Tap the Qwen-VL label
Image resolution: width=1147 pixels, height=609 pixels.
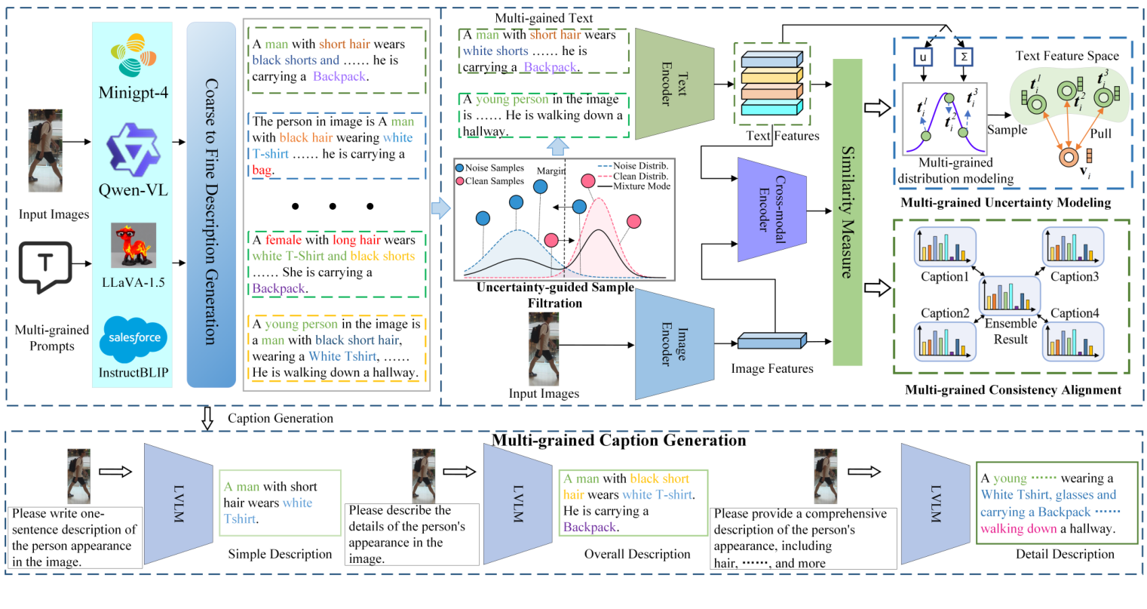click(133, 189)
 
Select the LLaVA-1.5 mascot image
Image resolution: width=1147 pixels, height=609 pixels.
click(133, 245)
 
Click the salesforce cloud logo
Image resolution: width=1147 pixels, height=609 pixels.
click(133, 338)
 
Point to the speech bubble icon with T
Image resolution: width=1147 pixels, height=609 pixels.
click(44, 266)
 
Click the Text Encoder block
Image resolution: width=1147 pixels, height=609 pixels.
click(673, 84)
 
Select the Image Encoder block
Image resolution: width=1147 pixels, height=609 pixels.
click(673, 344)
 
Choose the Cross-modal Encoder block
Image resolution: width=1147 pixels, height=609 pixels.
click(771, 211)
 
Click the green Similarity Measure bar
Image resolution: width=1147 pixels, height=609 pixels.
click(847, 212)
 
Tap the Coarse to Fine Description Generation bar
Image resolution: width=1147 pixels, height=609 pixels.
click(211, 204)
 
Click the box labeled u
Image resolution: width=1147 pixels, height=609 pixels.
click(922, 57)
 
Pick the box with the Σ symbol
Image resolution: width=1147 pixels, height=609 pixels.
click(964, 57)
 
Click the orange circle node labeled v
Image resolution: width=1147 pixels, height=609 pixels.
click(1067, 157)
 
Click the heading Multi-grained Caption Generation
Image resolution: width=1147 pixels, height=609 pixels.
click(618, 440)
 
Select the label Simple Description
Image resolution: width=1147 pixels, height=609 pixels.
click(280, 554)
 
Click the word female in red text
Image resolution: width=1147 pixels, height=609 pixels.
click(283, 240)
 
